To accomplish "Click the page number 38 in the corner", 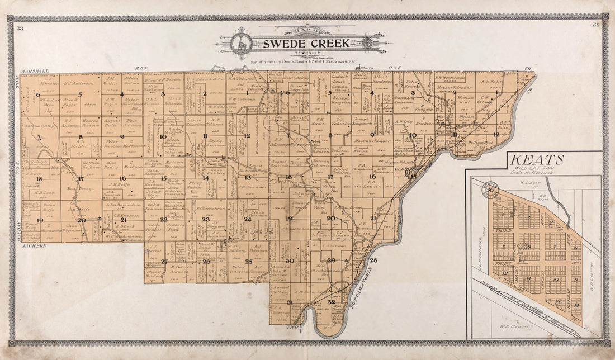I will coord(20,29).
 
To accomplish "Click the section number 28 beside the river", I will coord(373,260).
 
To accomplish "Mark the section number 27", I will coord(164,262).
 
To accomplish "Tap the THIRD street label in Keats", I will coord(499,230).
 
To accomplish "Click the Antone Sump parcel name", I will coord(39,126).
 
